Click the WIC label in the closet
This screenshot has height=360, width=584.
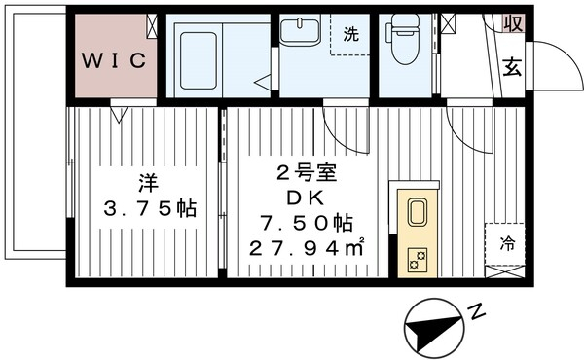tap(113, 60)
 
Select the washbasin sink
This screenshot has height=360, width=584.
tap(301, 32)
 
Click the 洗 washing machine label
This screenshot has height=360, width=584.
tap(350, 34)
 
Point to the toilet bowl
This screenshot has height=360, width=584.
tap(400, 37)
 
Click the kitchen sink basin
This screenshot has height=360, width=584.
tap(417, 213)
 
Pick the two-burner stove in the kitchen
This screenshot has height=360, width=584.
tap(417, 258)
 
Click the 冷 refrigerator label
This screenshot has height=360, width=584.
tap(506, 244)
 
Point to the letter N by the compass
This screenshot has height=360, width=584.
tap(476, 313)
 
